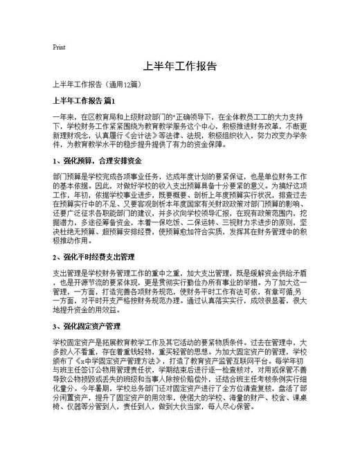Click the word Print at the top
point(59,48)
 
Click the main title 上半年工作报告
point(179,67)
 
